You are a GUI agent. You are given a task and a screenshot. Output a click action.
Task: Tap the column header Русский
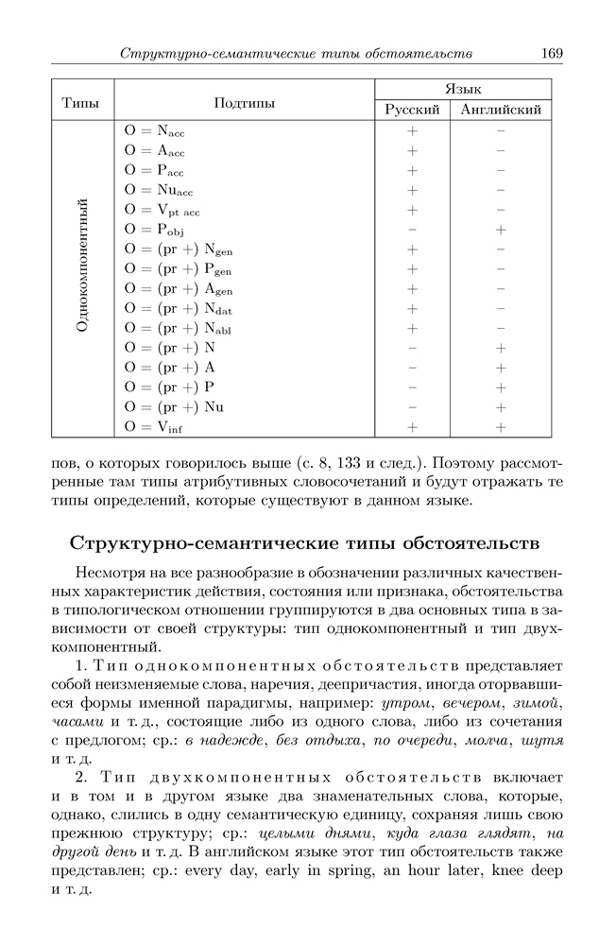pyautogui.click(x=413, y=111)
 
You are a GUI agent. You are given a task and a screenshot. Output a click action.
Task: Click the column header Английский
pyautogui.click(x=501, y=111)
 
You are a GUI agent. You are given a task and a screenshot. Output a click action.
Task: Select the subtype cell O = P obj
pyautogui.click(x=155, y=230)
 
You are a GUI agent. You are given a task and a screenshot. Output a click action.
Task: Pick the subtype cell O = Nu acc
pyautogui.click(x=158, y=190)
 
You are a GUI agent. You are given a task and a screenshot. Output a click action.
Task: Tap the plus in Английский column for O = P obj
pyautogui.click(x=501, y=230)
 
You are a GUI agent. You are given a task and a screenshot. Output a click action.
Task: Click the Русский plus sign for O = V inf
pyautogui.click(x=412, y=427)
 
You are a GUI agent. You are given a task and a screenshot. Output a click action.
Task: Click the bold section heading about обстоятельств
pyautogui.click(x=305, y=545)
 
